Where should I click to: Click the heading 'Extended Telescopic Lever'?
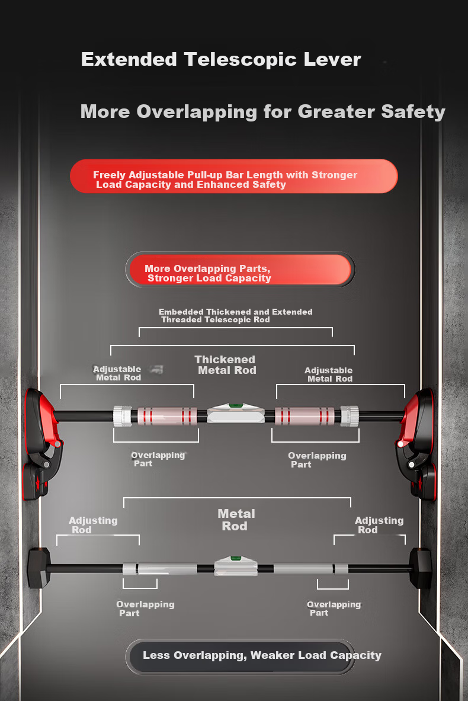221,59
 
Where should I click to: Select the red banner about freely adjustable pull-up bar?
234,176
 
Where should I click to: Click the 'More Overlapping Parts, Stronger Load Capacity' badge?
240,270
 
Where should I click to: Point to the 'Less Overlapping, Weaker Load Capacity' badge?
241,657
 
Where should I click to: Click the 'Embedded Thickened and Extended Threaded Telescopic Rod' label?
236,316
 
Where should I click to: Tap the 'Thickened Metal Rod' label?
226,365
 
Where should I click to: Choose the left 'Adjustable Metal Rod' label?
117,373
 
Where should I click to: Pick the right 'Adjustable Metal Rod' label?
329,374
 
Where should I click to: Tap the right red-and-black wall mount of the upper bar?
416,444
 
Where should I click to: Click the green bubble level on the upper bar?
236,406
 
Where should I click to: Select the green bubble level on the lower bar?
236,558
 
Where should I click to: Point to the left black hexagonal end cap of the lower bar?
39,568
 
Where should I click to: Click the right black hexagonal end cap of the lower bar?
421,568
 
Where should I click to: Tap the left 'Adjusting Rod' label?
93,525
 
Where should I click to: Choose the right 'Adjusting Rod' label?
379,525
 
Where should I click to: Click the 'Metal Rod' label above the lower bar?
236,520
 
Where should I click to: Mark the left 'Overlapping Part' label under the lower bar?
145,609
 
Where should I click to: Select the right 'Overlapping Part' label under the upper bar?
317,460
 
